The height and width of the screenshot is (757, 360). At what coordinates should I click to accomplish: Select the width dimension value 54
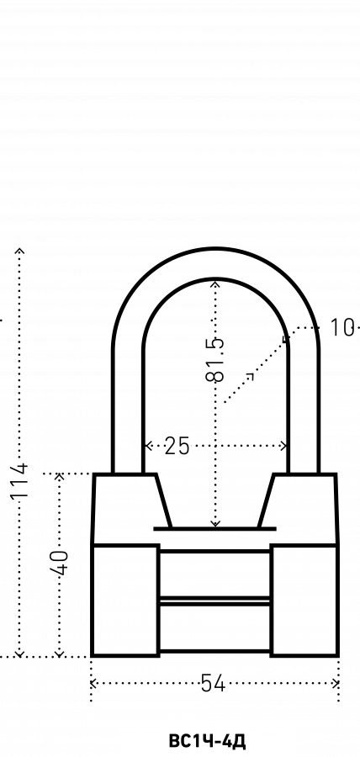(x=213, y=683)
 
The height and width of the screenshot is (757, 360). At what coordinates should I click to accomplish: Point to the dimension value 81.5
(x=215, y=359)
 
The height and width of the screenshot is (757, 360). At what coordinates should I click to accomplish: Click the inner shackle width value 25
(x=177, y=446)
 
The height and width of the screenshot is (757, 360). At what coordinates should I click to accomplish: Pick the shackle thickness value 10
(x=341, y=328)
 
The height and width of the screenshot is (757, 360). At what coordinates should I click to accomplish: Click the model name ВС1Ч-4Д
(x=208, y=741)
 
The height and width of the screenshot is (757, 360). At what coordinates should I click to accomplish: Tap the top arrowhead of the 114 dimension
(x=20, y=251)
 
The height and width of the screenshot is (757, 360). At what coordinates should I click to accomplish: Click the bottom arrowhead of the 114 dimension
(x=20, y=654)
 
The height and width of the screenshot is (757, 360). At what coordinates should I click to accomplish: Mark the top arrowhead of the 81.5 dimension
(x=215, y=283)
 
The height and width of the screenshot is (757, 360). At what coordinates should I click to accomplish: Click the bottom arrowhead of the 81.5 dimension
(x=215, y=523)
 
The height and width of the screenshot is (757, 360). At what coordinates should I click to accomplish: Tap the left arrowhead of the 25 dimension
(x=149, y=446)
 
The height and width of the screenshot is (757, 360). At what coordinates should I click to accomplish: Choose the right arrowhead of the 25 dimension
(x=283, y=446)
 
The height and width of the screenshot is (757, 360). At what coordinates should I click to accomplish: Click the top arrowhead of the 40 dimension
(x=60, y=477)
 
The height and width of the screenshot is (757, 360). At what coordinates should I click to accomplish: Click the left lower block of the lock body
(x=125, y=601)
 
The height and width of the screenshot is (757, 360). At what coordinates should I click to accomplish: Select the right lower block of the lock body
(x=304, y=601)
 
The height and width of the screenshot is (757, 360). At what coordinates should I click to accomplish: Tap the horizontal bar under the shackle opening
(x=214, y=529)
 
